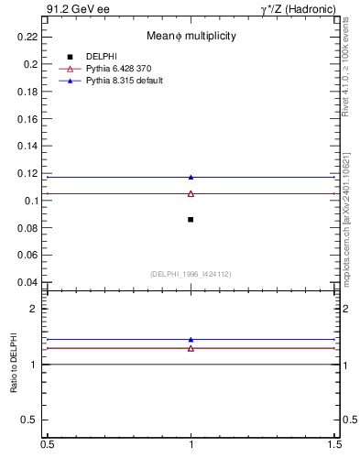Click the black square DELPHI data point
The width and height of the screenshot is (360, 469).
pyautogui.click(x=191, y=220)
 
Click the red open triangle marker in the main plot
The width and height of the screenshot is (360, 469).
pyautogui.click(x=191, y=193)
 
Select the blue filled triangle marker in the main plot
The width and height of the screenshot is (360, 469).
pyautogui.click(x=191, y=177)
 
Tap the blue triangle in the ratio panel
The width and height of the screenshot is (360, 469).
pyautogui.click(x=191, y=339)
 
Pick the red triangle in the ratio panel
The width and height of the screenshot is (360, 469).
pyautogui.click(x=191, y=348)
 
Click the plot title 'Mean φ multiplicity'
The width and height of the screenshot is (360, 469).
pyautogui.click(x=191, y=36)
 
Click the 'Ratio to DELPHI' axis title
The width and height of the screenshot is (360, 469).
pyautogui.click(x=15, y=365)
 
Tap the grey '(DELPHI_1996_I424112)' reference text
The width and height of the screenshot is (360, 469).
pyautogui.click(x=191, y=274)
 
